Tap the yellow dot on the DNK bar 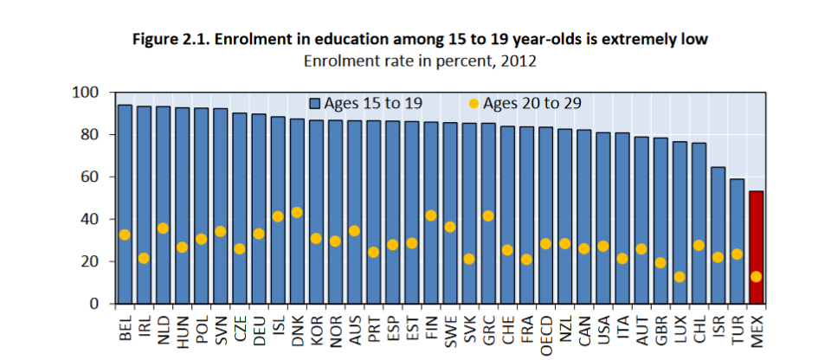coord(297,212)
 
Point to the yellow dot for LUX coord(680,277)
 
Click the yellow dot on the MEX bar coord(756,277)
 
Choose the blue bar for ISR coord(718,235)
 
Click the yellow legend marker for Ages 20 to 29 coord(473,104)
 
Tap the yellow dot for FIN coord(431,215)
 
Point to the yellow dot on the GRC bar coord(488,215)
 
